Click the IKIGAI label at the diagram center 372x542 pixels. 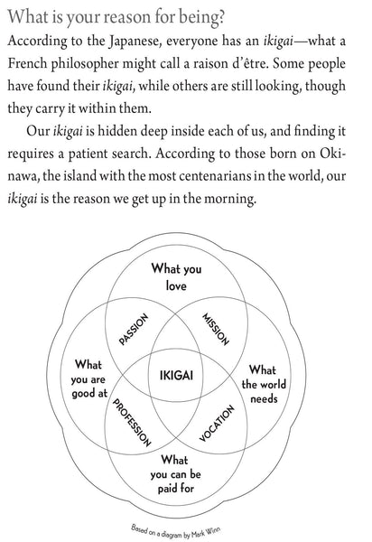[187, 374]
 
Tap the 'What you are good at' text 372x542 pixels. [88, 380]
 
